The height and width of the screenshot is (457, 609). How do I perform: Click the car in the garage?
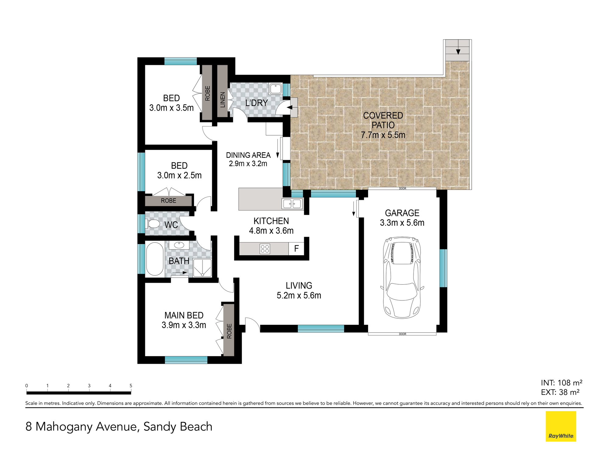[402, 278]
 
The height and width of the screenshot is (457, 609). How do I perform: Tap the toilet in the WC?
[154, 224]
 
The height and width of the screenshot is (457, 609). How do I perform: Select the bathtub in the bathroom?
[155, 259]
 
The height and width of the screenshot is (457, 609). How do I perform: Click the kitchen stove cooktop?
[265, 249]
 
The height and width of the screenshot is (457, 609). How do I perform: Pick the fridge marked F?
[296, 249]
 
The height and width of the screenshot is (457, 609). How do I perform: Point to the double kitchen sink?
[292, 204]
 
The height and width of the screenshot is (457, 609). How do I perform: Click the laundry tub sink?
[276, 89]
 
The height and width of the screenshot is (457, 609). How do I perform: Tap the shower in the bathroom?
[202, 268]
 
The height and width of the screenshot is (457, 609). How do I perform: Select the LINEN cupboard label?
[223, 100]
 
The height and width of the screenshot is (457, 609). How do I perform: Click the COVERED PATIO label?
[383, 120]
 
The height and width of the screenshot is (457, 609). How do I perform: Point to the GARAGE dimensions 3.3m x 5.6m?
[402, 223]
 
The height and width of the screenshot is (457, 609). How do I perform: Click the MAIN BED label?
[184, 315]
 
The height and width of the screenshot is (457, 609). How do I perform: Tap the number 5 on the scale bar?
[131, 386]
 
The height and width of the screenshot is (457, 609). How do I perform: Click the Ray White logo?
[561, 426]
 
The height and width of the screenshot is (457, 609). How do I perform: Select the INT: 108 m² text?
[562, 383]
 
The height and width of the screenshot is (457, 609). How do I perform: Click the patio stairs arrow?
[458, 51]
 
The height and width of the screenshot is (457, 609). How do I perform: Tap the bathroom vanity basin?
[179, 245]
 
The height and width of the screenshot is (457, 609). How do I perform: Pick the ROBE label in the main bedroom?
[229, 331]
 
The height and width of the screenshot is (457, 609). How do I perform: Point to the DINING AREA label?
[248, 155]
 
